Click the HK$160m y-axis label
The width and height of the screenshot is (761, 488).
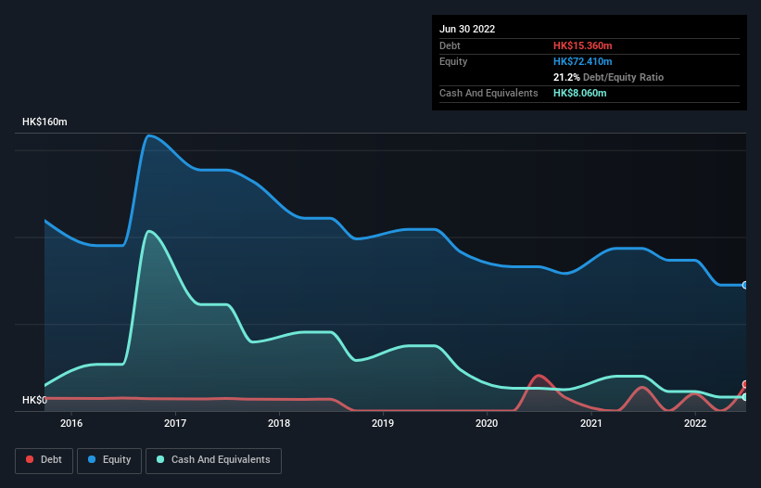coord(44,122)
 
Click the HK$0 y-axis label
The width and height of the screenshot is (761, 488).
coord(34,400)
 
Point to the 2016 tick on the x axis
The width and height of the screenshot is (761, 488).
coord(71,424)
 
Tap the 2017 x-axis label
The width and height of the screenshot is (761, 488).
coord(175,424)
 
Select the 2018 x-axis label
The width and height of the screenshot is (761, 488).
coord(279,424)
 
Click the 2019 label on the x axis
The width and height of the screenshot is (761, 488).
coord(383,424)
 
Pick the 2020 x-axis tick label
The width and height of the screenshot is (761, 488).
coord(487,424)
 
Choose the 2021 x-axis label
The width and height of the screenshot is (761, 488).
coord(590,424)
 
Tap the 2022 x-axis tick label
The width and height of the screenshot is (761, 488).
coord(694,424)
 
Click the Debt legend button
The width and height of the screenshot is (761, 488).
coord(44,459)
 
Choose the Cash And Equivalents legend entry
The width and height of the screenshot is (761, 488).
coord(213,459)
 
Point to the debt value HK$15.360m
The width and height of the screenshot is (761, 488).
coord(583,45)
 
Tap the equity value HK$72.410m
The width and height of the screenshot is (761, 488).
coord(583,61)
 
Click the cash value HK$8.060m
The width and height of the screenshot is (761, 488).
coord(580,94)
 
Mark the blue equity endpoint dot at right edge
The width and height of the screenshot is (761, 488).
coord(744,285)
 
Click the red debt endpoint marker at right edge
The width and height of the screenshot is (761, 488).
coord(744,384)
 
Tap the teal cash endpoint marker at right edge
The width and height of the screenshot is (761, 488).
coord(744,397)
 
